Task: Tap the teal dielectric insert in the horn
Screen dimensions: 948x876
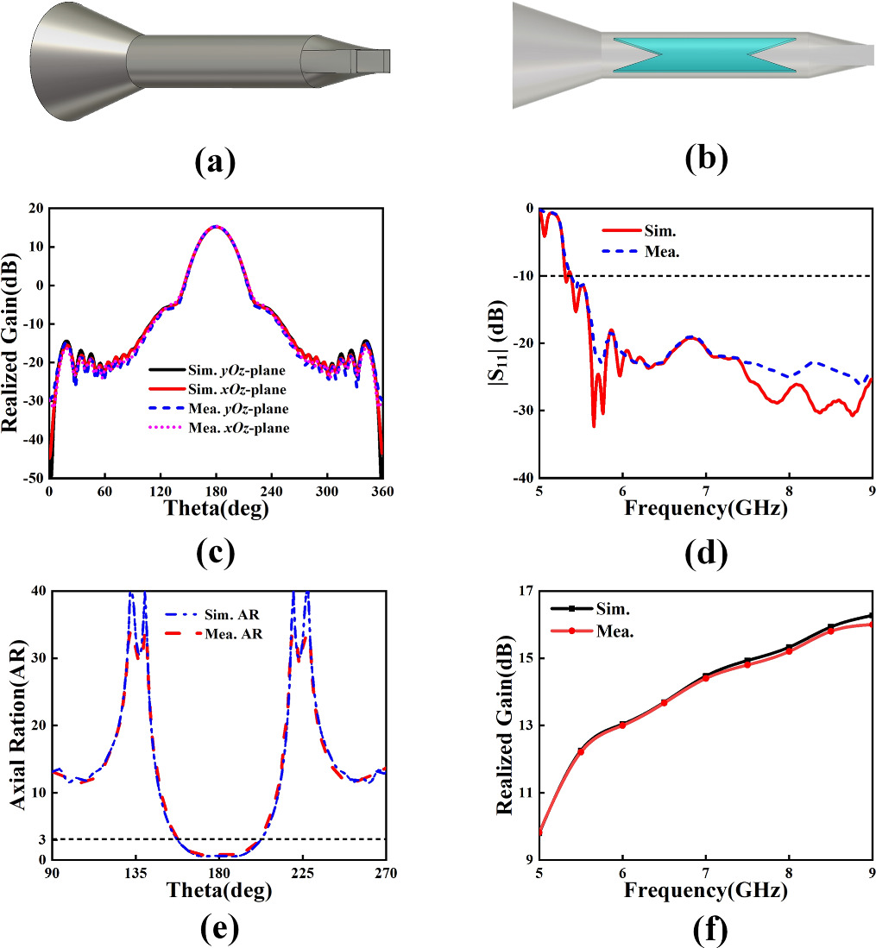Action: (x=704, y=54)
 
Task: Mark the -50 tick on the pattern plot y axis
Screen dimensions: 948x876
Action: (x=34, y=477)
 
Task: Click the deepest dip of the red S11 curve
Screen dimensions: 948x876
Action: (x=594, y=425)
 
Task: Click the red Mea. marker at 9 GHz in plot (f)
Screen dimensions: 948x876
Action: (x=871, y=624)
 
